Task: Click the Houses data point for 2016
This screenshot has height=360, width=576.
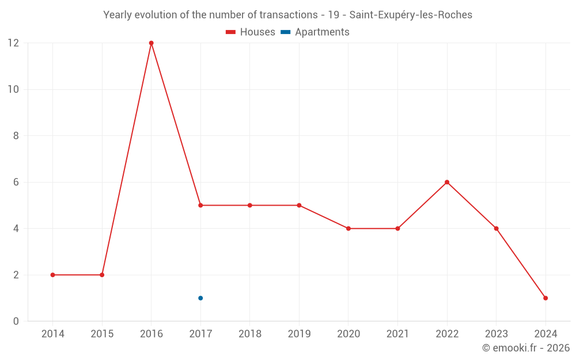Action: (151, 43)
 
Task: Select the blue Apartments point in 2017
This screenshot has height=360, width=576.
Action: (200, 298)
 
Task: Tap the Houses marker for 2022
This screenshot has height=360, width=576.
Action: (447, 182)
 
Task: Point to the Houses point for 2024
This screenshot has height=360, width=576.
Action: (545, 298)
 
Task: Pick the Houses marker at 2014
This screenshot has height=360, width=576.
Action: (53, 275)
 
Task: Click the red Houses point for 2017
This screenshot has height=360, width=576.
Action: (200, 205)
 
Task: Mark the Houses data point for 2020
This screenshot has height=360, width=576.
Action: (348, 229)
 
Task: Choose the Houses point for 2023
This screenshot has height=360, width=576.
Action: (496, 229)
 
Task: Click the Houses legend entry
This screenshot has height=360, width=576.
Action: (251, 32)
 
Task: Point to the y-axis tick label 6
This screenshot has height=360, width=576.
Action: (16, 182)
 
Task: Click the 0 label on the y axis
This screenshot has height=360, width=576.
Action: (16, 321)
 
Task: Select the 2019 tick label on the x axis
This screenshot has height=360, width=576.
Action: (299, 334)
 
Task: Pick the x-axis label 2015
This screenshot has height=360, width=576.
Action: (102, 334)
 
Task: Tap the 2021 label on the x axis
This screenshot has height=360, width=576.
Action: (397, 334)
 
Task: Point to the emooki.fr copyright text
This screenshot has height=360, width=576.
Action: (526, 348)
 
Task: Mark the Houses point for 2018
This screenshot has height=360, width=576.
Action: (250, 205)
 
